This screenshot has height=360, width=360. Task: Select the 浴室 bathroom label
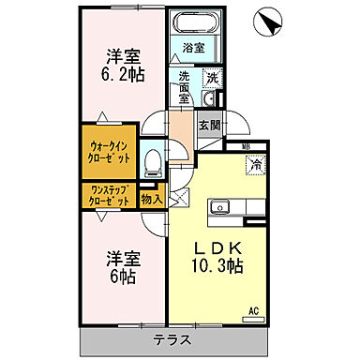[x=194, y=47]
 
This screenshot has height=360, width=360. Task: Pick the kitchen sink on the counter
[x=221, y=204]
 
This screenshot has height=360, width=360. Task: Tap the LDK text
[x=219, y=247]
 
